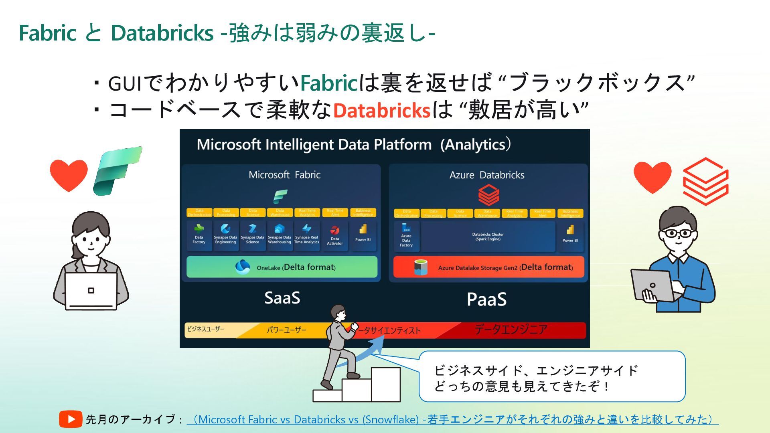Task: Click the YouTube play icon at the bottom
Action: [x=71, y=419]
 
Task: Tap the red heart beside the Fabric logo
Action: [x=69, y=174]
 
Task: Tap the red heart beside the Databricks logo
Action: [x=652, y=176]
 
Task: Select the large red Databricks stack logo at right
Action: [x=705, y=181]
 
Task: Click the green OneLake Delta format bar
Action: [x=282, y=267]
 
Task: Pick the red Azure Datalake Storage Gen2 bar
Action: [x=488, y=267]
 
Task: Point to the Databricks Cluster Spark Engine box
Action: [x=488, y=237]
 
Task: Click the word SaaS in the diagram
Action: [x=282, y=298]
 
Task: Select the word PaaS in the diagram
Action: [x=486, y=299]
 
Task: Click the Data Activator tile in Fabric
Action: [x=334, y=236]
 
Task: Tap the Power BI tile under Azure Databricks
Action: [x=570, y=236]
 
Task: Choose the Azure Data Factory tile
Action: [x=406, y=237]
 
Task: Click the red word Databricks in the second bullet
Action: [x=381, y=110]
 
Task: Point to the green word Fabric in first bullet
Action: [x=328, y=83]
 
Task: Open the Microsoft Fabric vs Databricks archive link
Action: [x=452, y=419]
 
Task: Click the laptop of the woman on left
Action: [x=91, y=291]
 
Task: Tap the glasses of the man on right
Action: [x=678, y=233]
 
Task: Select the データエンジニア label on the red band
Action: [x=511, y=330]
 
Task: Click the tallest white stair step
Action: [x=386, y=384]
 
